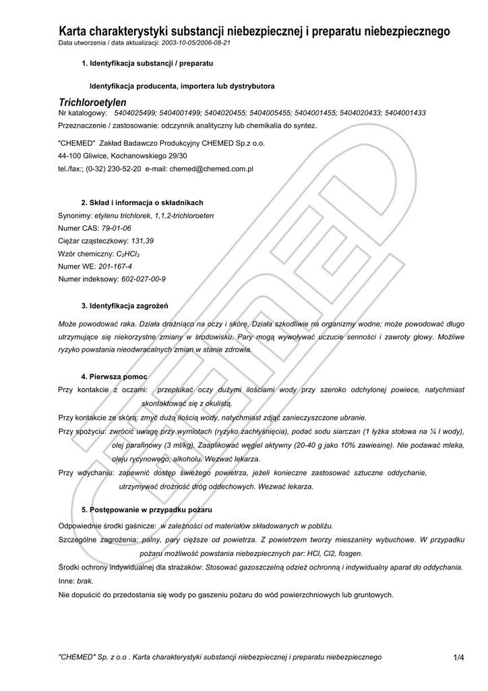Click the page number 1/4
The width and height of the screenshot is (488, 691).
459,657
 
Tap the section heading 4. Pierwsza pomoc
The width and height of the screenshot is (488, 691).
114,376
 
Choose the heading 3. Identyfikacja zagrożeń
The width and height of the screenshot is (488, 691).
124,305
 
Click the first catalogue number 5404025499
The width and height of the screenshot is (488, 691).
135,113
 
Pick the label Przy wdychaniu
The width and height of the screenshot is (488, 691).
85,473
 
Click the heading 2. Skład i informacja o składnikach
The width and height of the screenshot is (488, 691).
142,202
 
